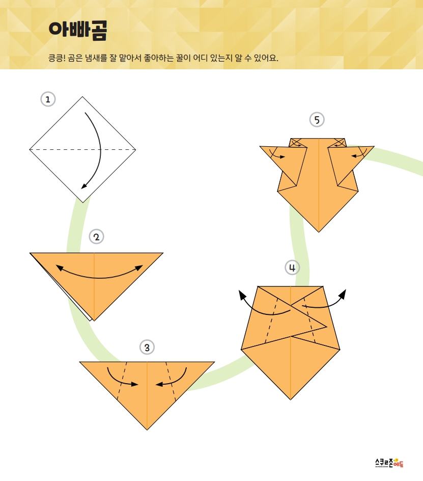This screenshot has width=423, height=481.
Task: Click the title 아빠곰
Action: pos(78,31)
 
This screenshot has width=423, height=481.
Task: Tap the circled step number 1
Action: pos(48,99)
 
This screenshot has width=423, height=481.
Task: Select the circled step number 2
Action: pos(96,237)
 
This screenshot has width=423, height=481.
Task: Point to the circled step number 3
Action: pos(147,348)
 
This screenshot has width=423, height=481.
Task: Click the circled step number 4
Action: pos(292,268)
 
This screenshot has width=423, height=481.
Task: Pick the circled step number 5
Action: pos(317,120)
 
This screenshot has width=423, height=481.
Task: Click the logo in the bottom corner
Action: pos(389,463)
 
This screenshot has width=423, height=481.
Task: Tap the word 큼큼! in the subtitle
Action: pos(57,58)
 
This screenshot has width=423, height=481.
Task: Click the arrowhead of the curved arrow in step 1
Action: pos(84,186)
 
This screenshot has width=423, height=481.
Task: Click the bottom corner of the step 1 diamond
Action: pos(82,202)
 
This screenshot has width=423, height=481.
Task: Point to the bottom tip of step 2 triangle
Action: pos(94,321)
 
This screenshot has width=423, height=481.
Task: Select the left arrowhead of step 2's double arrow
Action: pos(59,268)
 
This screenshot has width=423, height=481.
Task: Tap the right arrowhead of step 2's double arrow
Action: pos(139,268)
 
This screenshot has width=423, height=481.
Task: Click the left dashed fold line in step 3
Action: pos(122,381)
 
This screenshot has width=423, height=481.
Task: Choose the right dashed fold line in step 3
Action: pos(171,381)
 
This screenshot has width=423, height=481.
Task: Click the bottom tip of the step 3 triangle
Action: pos(147,430)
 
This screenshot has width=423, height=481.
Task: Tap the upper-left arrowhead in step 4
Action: pos(242,295)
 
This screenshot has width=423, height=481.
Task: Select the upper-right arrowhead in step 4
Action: pos(343,294)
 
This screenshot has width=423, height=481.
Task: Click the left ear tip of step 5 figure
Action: pos(260,147)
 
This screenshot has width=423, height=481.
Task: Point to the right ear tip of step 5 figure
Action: pos(374,147)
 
